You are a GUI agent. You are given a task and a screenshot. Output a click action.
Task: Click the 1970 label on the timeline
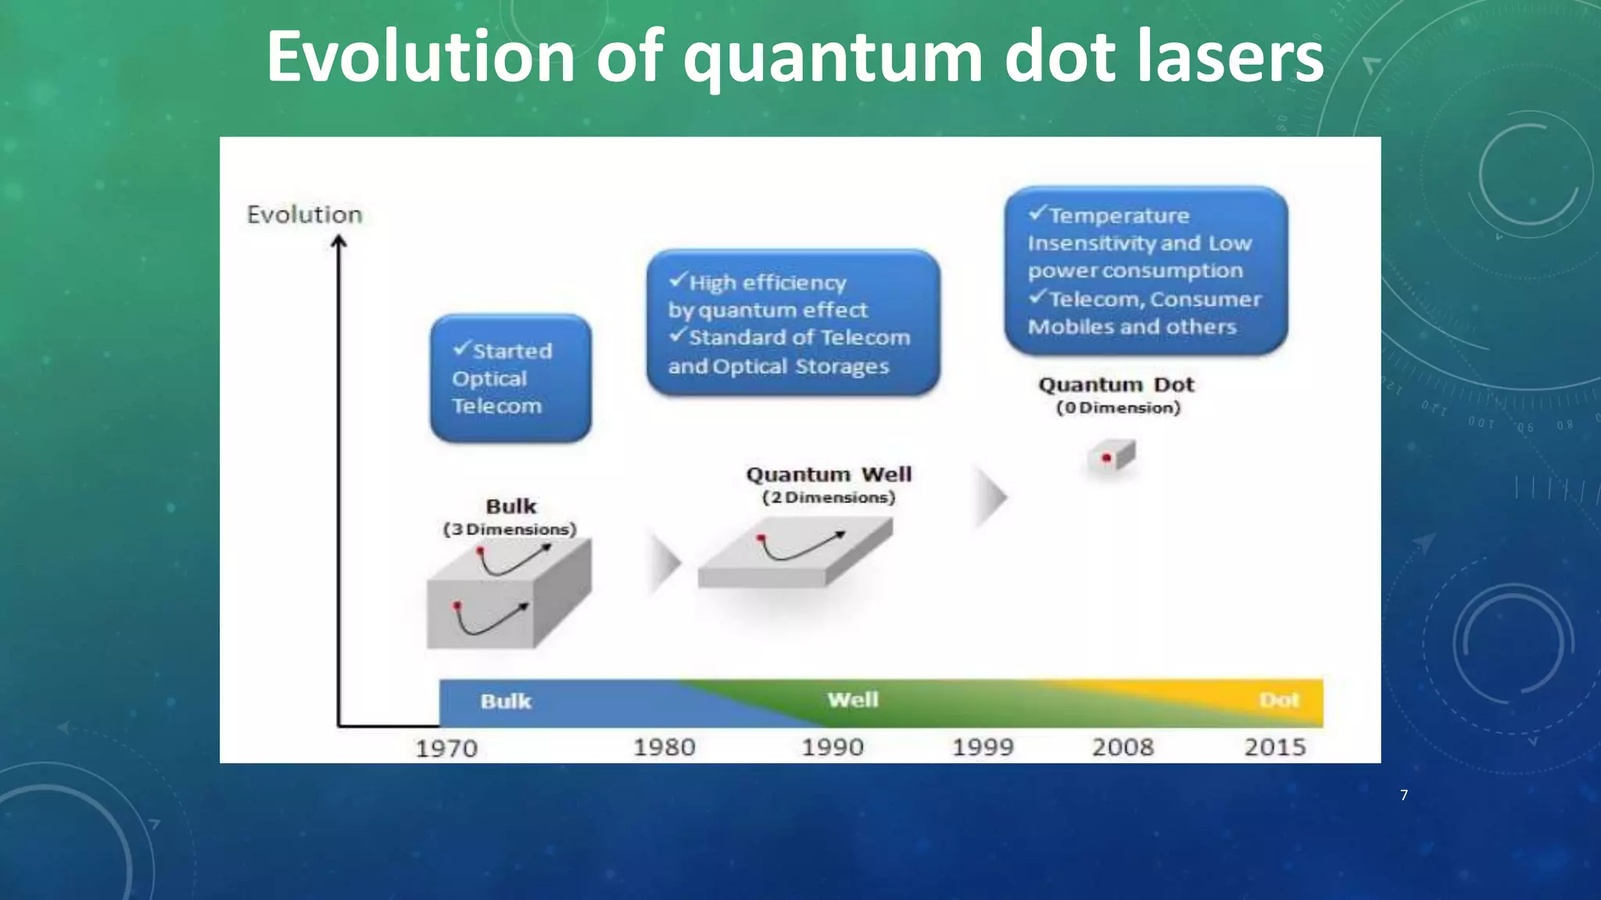[446, 748]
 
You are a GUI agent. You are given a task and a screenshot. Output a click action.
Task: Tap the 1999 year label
[983, 748]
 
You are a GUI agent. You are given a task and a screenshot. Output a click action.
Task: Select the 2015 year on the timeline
[1275, 748]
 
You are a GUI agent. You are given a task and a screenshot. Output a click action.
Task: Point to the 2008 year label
[1123, 748]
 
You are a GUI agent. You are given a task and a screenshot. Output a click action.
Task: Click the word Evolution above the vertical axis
[305, 215]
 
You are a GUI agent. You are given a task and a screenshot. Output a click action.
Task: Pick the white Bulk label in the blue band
[506, 702]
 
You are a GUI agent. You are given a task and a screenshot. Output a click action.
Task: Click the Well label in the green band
[853, 700]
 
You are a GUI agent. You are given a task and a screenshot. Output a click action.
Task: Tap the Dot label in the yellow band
[1279, 701]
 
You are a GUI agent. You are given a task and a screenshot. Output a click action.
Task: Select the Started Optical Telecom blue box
[510, 379]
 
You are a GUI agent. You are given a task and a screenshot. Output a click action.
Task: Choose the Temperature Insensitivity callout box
[1145, 270]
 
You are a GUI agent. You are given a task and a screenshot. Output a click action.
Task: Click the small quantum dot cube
[1111, 457]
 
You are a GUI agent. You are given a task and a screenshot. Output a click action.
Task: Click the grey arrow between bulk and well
[664, 561]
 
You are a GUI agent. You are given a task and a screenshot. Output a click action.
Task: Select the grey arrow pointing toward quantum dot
[990, 497]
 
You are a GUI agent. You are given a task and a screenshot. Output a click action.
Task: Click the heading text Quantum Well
[829, 475]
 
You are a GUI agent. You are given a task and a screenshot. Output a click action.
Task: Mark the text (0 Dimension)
[1118, 408]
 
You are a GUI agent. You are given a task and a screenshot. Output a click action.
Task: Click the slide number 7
[1404, 795]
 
